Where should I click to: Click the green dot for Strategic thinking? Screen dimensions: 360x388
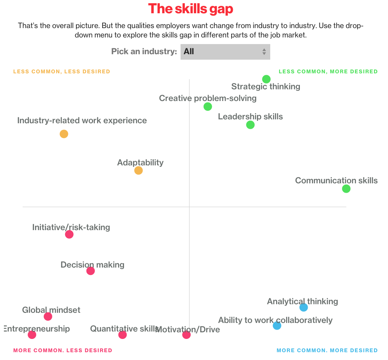266,79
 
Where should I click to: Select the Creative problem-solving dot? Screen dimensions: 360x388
208,106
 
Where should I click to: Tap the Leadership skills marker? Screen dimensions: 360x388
250,125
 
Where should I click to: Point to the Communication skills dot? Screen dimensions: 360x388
346,189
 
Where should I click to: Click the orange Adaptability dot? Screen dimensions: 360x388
138,170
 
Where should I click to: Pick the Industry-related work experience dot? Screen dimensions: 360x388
64,134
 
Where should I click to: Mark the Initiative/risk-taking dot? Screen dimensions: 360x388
69,234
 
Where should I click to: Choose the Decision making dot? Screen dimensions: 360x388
90,271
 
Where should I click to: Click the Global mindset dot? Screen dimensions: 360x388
48,316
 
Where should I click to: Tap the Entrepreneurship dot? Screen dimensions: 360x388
32,335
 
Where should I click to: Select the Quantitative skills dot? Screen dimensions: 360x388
122,335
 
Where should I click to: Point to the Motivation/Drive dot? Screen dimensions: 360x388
186,335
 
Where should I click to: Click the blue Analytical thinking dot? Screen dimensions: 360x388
304,307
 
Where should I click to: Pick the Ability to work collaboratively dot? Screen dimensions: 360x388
277,326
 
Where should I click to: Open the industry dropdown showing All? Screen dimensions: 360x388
225,51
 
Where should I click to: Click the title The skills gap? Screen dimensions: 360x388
191,9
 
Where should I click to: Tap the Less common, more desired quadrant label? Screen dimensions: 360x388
328,71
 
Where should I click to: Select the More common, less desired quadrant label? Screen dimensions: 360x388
62,350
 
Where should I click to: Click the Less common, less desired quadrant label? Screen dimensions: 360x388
62,71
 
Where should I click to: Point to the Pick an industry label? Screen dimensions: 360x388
144,51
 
